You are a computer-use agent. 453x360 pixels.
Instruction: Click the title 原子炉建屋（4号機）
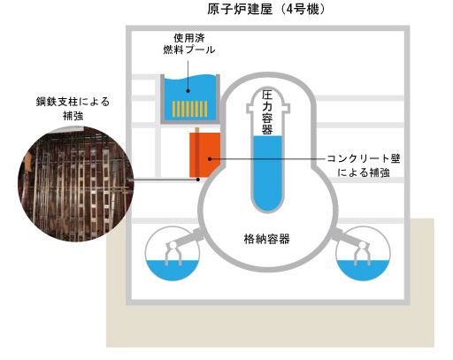point(266,9)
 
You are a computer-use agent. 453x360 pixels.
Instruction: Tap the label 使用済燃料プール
point(189,43)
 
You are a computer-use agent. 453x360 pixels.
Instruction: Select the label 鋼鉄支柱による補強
point(73,108)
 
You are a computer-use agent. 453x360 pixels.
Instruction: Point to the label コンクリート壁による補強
point(364,165)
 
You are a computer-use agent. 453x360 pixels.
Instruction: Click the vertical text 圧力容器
point(267,112)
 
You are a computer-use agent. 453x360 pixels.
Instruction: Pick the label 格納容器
point(267,239)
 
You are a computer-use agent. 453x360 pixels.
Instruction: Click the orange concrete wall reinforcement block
point(204,155)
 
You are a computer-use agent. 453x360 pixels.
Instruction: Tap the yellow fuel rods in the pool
point(189,109)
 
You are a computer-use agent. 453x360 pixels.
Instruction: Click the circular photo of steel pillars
point(76,183)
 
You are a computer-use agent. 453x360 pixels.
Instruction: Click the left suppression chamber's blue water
point(173,270)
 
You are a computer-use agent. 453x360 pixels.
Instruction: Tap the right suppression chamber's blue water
point(363,270)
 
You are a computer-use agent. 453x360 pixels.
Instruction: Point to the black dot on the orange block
point(210,159)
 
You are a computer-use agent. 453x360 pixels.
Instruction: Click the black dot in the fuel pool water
point(188,91)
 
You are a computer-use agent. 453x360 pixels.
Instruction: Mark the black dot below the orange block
point(198,180)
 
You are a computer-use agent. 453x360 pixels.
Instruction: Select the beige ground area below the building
point(270,326)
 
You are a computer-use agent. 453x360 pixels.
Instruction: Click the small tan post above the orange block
point(197,130)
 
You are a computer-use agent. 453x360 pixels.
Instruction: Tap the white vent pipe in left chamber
point(173,253)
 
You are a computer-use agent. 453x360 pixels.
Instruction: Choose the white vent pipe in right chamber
point(362,253)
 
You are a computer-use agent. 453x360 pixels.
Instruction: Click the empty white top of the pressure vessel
point(268,112)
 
